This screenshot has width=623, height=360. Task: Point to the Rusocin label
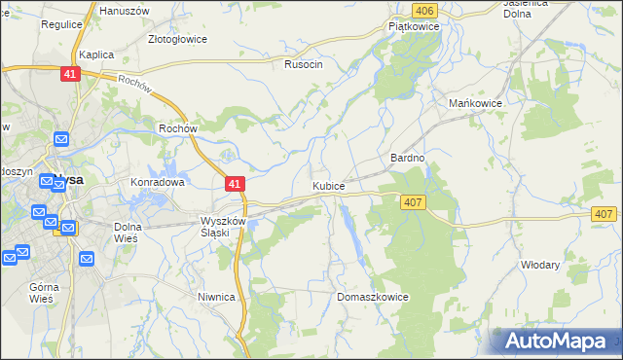pyautogui.click(x=303, y=64)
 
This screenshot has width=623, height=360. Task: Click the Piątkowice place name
pyautogui.click(x=414, y=27)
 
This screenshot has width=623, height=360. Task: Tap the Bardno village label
pyautogui.click(x=408, y=157)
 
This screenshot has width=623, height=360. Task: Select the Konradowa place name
pyautogui.click(x=158, y=182)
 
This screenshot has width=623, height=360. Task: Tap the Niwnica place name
pyautogui.click(x=216, y=298)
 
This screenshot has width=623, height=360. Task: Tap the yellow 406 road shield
pyautogui.click(x=422, y=10)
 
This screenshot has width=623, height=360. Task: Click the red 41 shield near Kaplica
pyautogui.click(x=68, y=74)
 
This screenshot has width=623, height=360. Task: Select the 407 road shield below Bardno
pyautogui.click(x=412, y=201)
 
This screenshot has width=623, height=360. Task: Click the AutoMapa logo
pyautogui.click(x=555, y=341)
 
